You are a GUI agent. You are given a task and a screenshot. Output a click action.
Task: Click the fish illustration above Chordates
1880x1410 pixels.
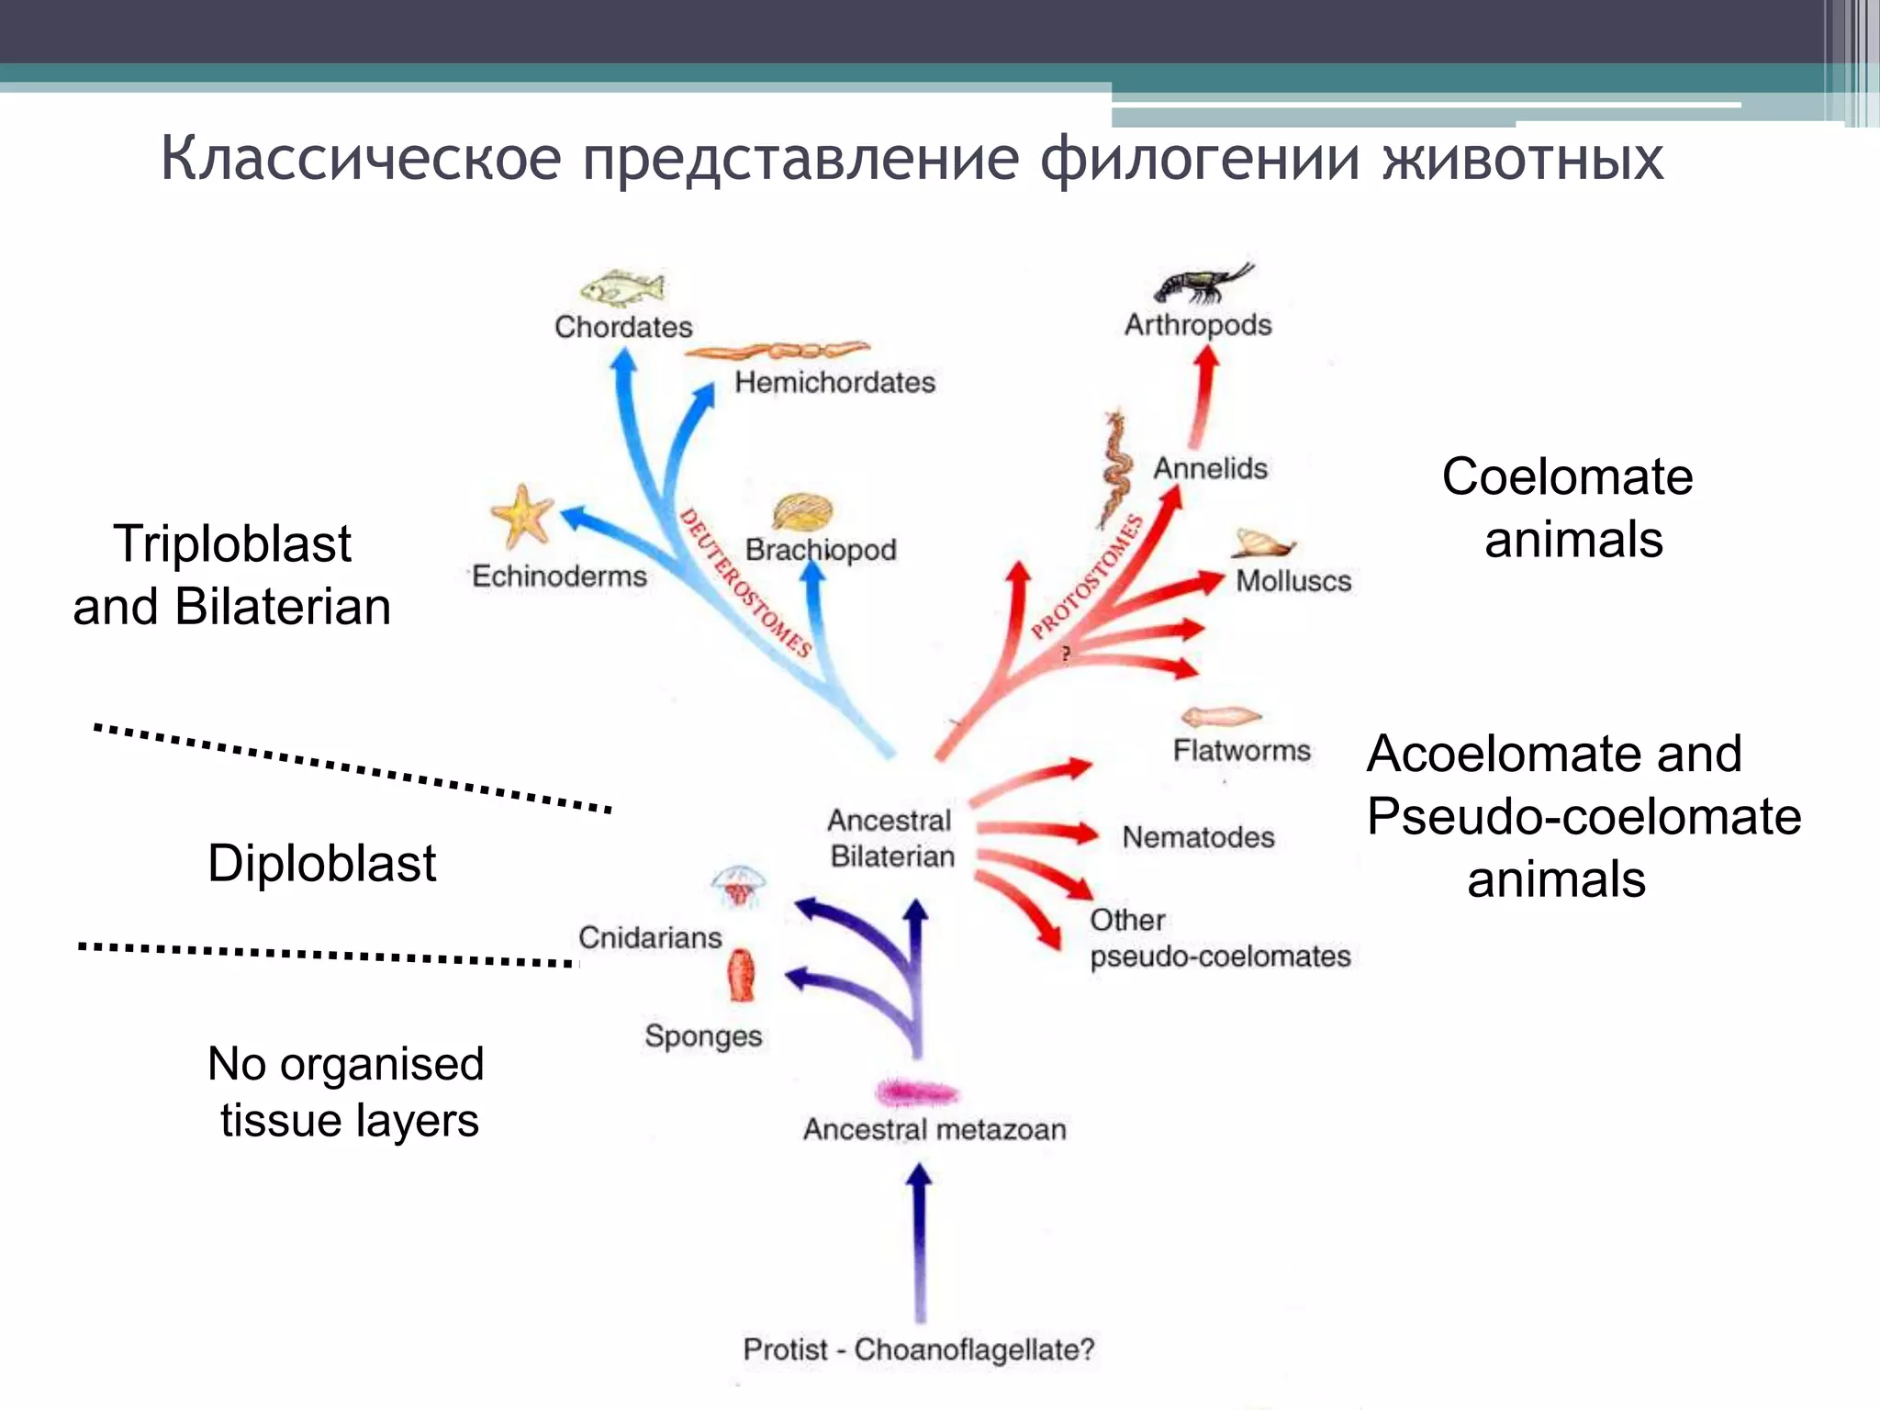pyautogui.click(x=622, y=288)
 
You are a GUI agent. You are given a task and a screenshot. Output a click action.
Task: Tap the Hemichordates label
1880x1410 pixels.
pyautogui.click(x=834, y=382)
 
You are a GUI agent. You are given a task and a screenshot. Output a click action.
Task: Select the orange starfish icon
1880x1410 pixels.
pyautogui.click(x=521, y=516)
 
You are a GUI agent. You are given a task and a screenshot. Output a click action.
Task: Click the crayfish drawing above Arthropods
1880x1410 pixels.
pyautogui.click(x=1202, y=283)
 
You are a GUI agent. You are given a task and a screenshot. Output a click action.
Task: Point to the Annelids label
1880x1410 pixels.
pyautogui.click(x=1210, y=468)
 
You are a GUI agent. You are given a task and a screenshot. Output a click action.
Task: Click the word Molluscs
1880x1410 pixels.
pyautogui.click(x=1292, y=581)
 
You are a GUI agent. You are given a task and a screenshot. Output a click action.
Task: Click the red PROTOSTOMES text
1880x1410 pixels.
pyautogui.click(x=1088, y=577)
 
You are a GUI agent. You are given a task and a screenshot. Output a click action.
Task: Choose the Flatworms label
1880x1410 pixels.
pyautogui.click(x=1241, y=750)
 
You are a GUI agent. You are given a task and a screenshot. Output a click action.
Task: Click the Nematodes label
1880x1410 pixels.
pyautogui.click(x=1198, y=837)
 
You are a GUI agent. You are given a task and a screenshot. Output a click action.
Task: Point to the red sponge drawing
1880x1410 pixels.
pyautogui.click(x=742, y=976)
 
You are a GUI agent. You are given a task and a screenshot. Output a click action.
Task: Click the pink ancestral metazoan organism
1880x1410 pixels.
pyautogui.click(x=917, y=1092)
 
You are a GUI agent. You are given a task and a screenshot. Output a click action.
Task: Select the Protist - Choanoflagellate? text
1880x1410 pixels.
pyautogui.click(x=919, y=1349)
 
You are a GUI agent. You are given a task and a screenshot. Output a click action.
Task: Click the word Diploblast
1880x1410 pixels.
pyautogui.click(x=321, y=863)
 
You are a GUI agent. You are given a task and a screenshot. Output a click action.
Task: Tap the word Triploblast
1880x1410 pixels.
pyautogui.click(x=232, y=543)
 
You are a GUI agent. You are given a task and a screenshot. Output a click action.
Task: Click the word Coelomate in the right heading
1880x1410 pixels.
pyautogui.click(x=1567, y=476)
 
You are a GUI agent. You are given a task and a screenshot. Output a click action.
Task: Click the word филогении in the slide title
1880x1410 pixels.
pyautogui.click(x=1199, y=158)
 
